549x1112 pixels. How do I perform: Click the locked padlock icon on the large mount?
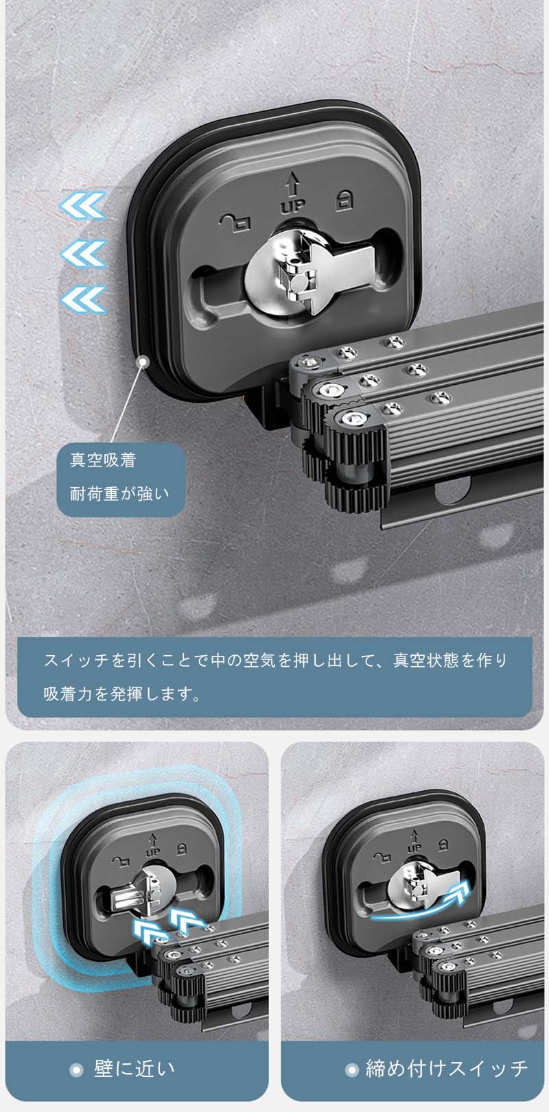[x=344, y=200]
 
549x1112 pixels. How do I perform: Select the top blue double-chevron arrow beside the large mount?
[x=83, y=205]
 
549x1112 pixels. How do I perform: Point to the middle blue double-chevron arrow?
[x=83, y=253]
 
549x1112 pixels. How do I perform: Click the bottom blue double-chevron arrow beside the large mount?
[x=83, y=299]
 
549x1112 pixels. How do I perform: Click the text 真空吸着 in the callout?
[x=103, y=460]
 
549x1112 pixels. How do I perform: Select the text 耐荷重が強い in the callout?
[x=119, y=494]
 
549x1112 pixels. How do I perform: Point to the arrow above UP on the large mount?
[x=292, y=184]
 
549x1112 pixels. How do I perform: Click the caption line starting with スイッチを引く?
[x=276, y=661]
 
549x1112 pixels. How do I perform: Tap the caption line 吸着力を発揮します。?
[x=122, y=694]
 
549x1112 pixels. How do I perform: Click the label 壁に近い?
[x=134, y=1069]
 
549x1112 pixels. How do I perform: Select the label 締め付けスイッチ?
[x=447, y=1068]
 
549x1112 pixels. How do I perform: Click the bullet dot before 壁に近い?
[x=76, y=1069]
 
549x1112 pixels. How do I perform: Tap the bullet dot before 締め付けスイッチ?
[x=351, y=1069]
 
